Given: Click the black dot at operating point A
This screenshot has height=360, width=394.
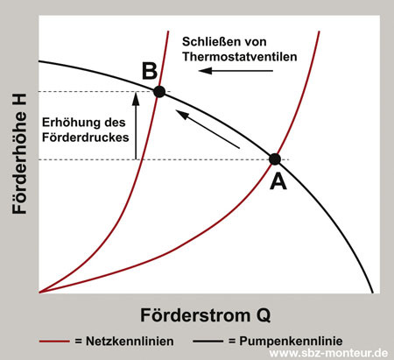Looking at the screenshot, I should click(x=274, y=159).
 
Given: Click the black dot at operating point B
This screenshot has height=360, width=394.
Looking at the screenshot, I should click(x=158, y=91).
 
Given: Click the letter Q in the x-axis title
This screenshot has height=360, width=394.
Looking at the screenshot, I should click(x=276, y=313).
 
